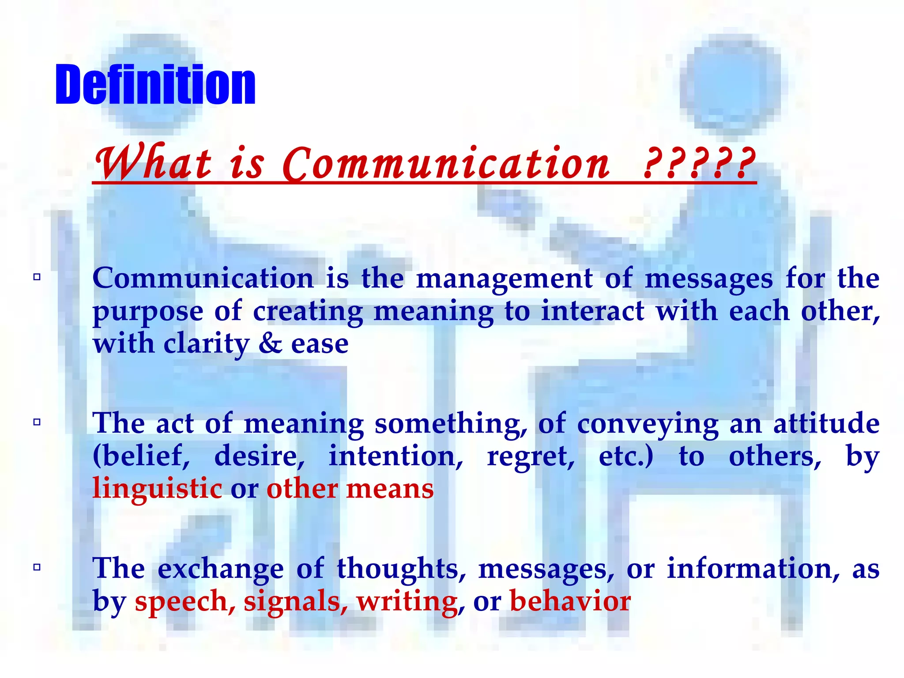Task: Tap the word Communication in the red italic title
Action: click(x=446, y=163)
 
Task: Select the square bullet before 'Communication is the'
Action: click(x=37, y=277)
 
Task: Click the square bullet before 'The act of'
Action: click(x=37, y=422)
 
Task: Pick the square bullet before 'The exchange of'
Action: click(x=37, y=567)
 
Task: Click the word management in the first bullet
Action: click(x=504, y=279)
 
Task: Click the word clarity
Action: click(x=207, y=344)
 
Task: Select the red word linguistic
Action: click(x=157, y=489)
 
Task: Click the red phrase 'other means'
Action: click(x=350, y=489)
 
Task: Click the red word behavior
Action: click(x=570, y=601)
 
